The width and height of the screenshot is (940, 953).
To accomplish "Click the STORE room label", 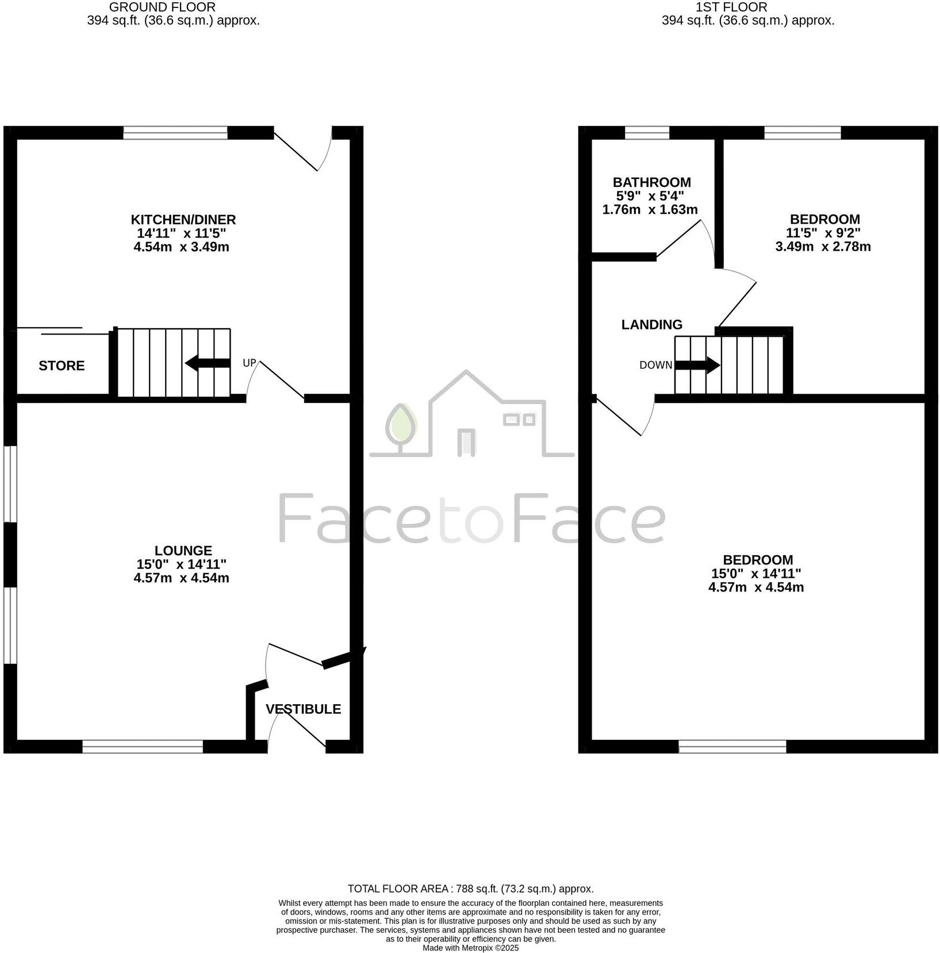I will pos(62,366).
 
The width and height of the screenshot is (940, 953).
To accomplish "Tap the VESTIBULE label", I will pos(303,709).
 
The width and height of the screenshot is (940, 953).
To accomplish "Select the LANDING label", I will pos(651,325).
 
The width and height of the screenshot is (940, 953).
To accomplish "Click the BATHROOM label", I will pos(651,183).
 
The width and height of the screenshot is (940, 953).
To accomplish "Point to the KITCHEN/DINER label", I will pos(183,220).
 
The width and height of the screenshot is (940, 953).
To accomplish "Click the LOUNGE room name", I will pos(183,551).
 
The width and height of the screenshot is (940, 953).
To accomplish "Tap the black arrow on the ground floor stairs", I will pos(208,363).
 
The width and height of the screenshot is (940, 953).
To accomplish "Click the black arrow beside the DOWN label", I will pos(697,365).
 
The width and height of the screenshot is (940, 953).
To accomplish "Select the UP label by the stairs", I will pos(249,363).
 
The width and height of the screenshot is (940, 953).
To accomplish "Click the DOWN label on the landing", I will pos(655,365).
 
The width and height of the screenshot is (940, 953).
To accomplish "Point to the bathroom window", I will pos(647,133).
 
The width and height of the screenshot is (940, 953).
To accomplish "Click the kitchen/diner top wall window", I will pos(175,133).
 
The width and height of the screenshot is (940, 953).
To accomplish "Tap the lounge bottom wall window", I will pos(143,747).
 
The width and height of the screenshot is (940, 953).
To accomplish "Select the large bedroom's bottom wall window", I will pos(732,747).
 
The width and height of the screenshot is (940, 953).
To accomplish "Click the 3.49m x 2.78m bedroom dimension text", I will pos(823,247).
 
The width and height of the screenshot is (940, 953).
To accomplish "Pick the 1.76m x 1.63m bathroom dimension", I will pos(650,210).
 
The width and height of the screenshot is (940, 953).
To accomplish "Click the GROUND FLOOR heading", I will pos(162,7).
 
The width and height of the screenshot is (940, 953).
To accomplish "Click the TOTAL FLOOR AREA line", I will pos(470,889).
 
